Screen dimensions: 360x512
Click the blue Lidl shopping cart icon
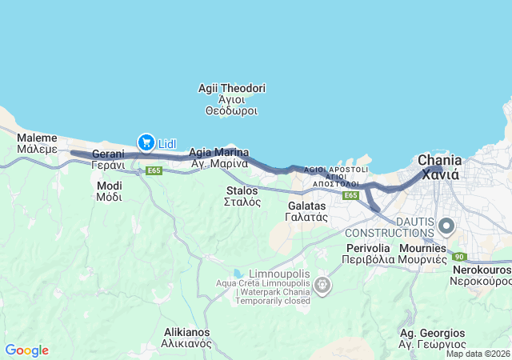coord(146,142)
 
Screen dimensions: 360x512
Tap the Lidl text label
coord(167,143)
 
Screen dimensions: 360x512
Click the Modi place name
coord(109,190)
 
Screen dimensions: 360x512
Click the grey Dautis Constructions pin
coord(445,226)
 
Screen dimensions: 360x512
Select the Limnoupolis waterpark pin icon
coord(322,284)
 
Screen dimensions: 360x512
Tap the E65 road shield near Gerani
coord(154,170)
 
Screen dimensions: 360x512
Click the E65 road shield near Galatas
coord(350,195)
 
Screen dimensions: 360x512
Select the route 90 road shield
coord(458,257)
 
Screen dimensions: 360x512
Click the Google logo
coord(26,350)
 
